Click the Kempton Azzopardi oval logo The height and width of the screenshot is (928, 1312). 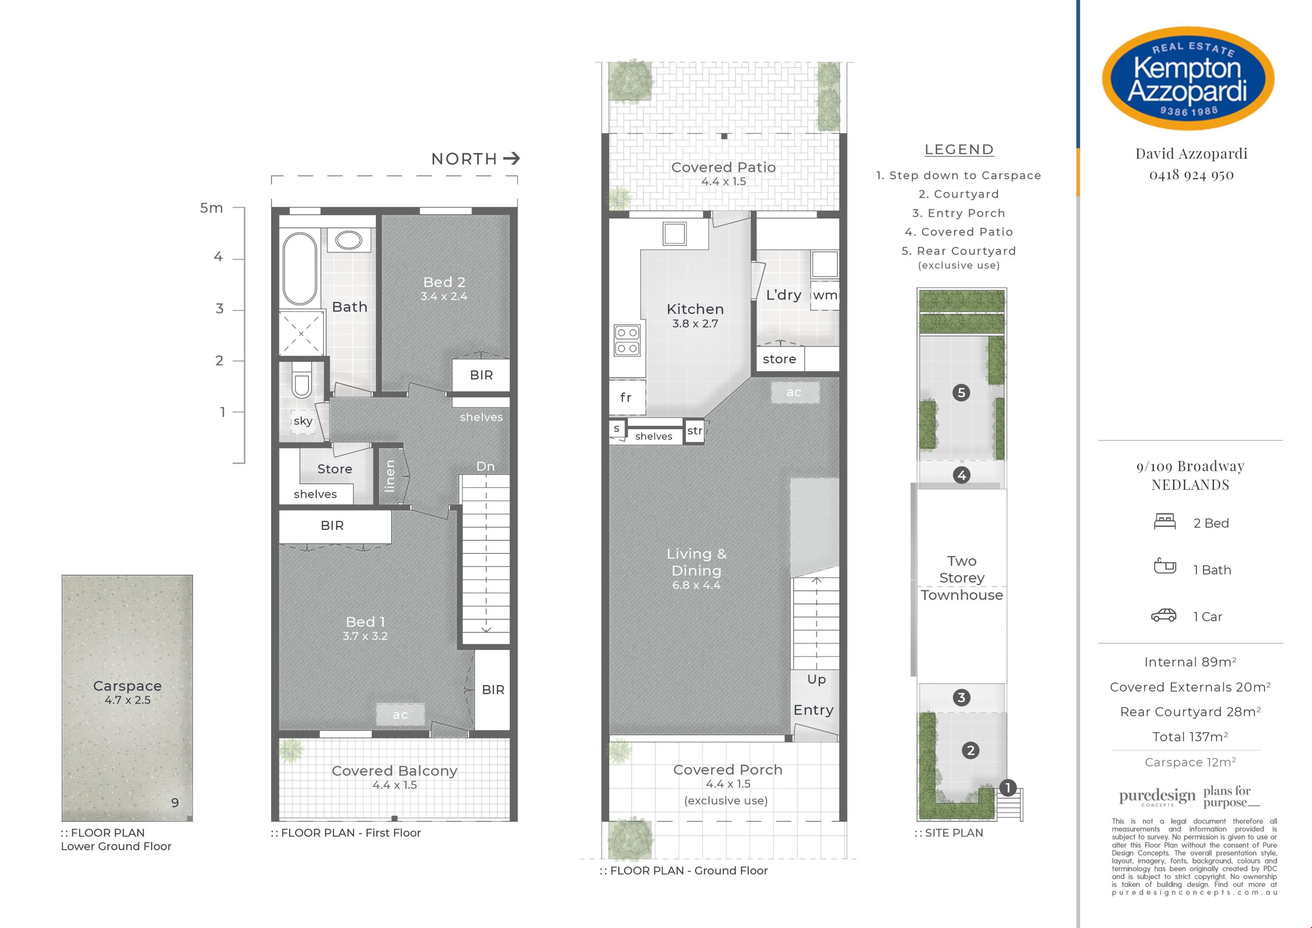coord(1188,78)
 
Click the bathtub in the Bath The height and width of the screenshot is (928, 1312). coord(300,269)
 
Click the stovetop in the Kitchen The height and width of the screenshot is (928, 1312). coord(627,340)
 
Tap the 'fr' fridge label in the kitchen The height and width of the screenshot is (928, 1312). coord(626,397)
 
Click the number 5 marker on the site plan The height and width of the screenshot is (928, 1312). coord(961,393)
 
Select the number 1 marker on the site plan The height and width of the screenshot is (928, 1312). coord(1008,788)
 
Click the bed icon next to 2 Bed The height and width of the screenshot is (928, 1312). coord(1165,521)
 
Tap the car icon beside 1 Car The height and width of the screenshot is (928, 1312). coord(1163,615)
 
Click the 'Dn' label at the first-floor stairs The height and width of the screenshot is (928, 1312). coord(485,467)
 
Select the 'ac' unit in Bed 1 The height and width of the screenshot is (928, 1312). coord(400,715)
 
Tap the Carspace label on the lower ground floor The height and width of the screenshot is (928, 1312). coord(127,686)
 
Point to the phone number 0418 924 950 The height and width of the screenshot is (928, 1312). coord(1191,175)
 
